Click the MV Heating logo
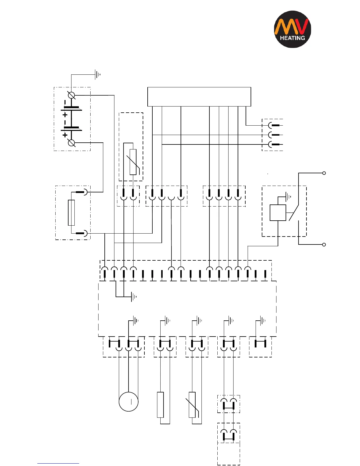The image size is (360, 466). click(x=292, y=29)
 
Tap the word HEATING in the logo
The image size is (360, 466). click(x=292, y=38)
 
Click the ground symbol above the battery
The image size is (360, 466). click(x=98, y=75)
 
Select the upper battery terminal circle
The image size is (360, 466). click(x=71, y=95)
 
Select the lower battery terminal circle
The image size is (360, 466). click(x=71, y=143)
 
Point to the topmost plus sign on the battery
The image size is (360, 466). click(x=65, y=115)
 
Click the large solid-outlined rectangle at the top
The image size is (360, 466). click(x=199, y=96)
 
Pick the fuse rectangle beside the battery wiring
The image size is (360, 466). click(x=71, y=213)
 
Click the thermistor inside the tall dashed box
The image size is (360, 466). click(x=133, y=162)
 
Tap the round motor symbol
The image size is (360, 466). click(x=129, y=402)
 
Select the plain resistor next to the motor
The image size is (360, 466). click(x=160, y=405)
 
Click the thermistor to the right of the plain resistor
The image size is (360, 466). click(x=192, y=405)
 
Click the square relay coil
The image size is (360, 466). click(x=278, y=213)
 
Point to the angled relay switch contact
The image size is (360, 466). click(x=294, y=212)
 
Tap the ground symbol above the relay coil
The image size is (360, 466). click(x=289, y=197)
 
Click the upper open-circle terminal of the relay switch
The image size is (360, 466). click(x=324, y=173)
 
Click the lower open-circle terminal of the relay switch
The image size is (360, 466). click(x=324, y=244)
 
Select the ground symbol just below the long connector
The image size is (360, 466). click(x=134, y=297)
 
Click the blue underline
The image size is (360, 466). click(x=58, y=464)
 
